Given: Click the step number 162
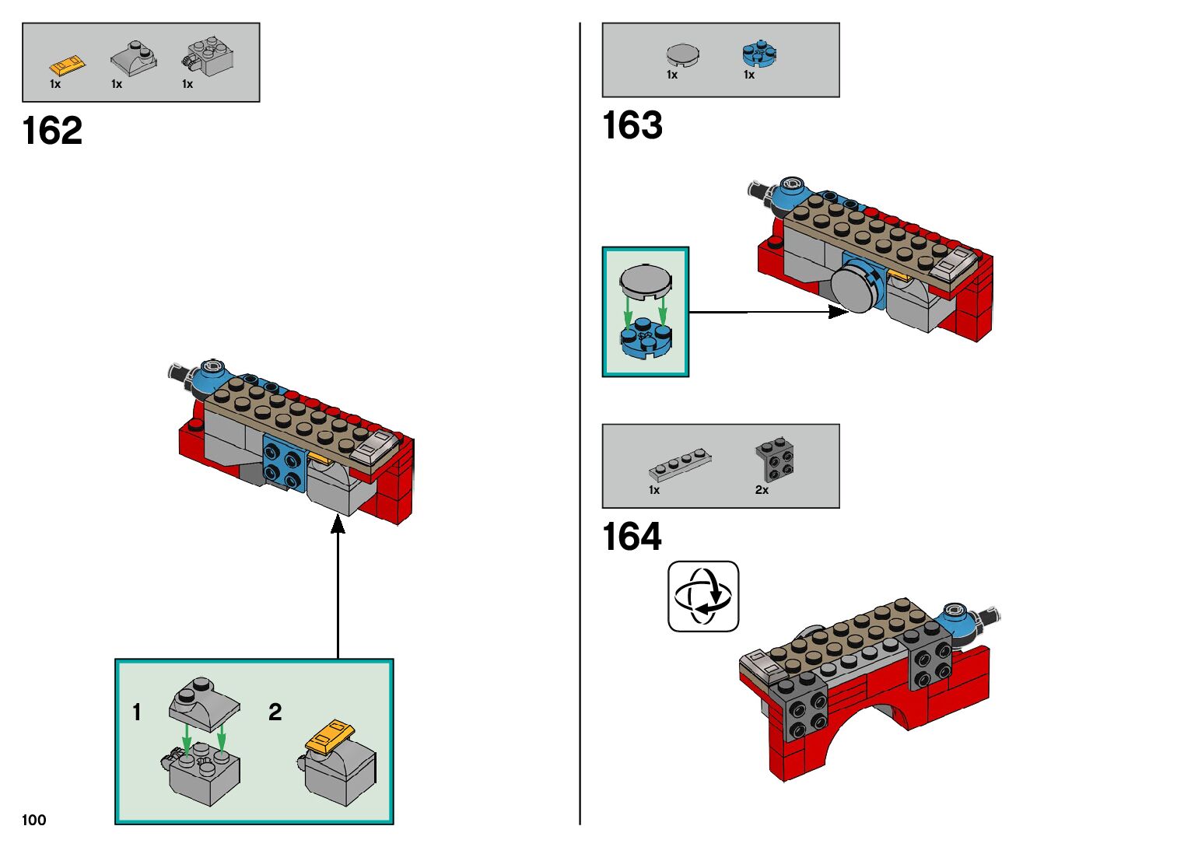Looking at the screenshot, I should [52, 131].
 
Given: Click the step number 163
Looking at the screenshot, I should [632, 125].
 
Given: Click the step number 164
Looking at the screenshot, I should [632, 537].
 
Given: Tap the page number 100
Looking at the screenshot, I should [34, 820].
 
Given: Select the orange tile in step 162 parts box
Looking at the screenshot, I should [67, 64].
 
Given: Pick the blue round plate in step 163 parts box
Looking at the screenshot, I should [758, 52].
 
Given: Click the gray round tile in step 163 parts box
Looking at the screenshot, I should [682, 54].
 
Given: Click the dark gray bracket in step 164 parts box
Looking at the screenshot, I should [775, 460].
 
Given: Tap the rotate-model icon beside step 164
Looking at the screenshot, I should [703, 597].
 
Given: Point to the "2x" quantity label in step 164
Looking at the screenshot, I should [762, 490].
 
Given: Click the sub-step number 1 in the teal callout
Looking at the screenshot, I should [137, 712].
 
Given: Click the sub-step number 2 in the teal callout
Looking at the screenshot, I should [275, 712].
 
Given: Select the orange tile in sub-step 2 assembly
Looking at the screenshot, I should [330, 736].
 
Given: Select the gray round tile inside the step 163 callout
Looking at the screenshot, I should [645, 281].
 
